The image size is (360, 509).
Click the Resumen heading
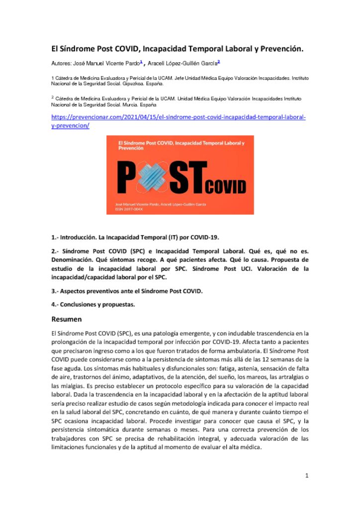(x=67, y=319)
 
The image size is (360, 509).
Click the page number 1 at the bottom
(x=307, y=476)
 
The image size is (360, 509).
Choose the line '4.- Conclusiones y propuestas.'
(x=93, y=304)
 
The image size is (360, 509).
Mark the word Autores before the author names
(x=62, y=64)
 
